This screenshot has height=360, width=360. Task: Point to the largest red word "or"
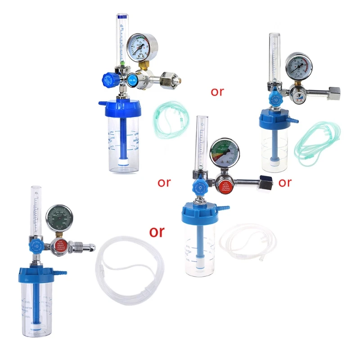click(x=157, y=231)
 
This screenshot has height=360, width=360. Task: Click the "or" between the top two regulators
click(x=217, y=92)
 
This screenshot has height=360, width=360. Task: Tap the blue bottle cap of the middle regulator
click(x=201, y=212)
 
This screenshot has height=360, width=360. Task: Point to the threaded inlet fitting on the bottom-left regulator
click(x=85, y=247)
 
